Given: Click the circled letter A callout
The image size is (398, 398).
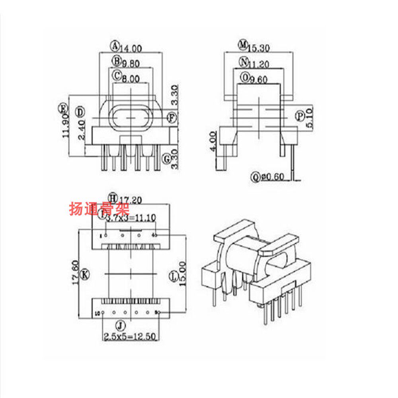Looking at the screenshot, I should coord(115,46).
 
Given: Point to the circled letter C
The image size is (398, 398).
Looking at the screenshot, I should coord(117,75).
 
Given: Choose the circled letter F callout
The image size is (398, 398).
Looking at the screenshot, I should coord(172,117).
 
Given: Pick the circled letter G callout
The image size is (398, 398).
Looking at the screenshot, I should coord(167,159).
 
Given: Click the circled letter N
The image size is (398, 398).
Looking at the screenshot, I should coord(244,62).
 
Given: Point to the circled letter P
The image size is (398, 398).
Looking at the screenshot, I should coord(300,116).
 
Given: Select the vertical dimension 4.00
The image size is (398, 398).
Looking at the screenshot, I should coord(213,142).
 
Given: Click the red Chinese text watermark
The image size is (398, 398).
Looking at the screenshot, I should coord(99,209).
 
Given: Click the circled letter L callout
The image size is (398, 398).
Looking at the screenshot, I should coord(173,276).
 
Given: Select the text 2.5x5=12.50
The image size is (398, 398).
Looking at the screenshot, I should coord(130,337).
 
